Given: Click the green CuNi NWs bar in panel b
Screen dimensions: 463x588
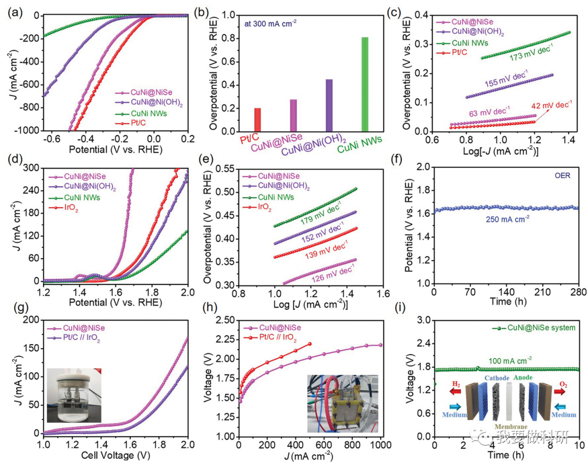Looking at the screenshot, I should (364, 84).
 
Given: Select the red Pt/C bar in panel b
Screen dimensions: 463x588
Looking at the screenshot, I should (258, 120).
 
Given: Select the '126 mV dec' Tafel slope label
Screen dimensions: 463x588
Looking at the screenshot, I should (329, 272).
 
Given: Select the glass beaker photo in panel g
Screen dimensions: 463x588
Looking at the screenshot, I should (69, 395).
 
